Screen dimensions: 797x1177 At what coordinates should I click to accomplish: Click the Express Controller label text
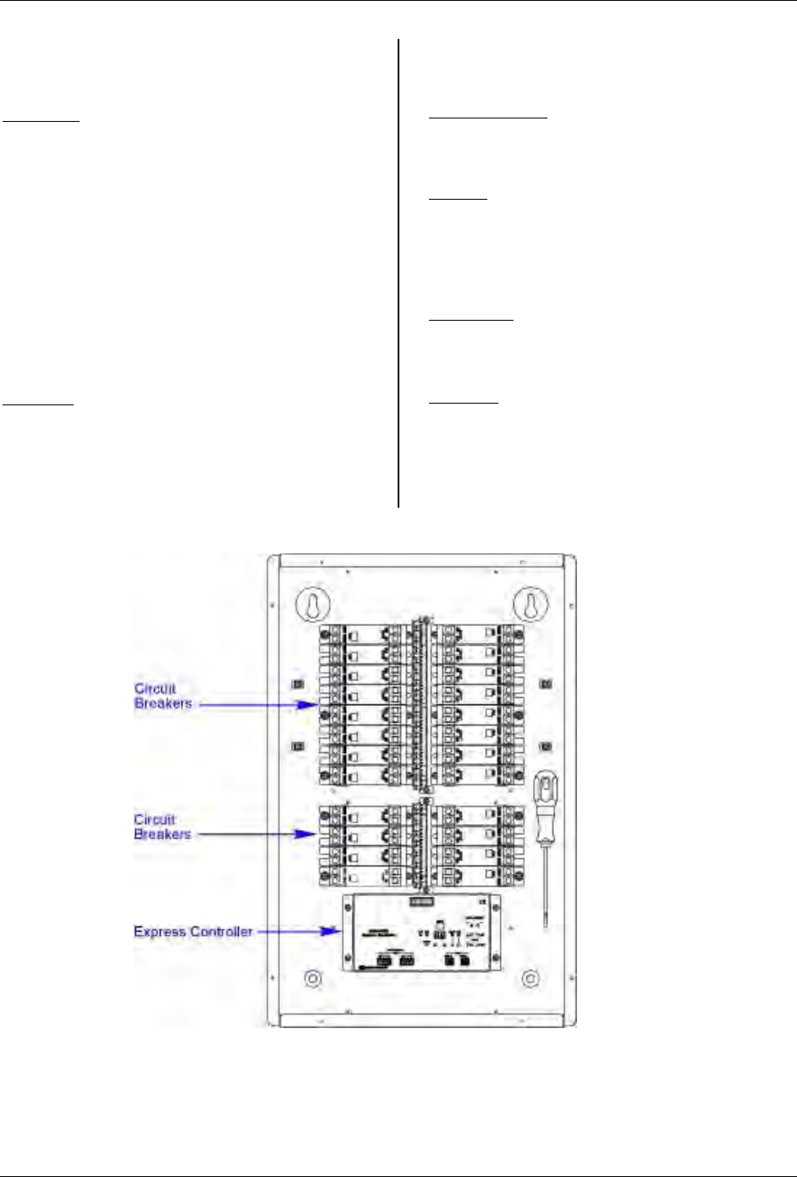[x=193, y=932]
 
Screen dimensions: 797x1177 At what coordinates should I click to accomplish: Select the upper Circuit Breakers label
[x=162, y=696]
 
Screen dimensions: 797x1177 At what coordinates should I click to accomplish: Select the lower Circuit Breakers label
[x=162, y=827]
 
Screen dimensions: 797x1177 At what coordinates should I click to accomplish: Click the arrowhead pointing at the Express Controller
[x=333, y=932]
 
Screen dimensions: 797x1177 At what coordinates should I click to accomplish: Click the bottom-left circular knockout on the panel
[x=312, y=978]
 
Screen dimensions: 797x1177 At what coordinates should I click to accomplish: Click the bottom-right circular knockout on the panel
[x=530, y=978]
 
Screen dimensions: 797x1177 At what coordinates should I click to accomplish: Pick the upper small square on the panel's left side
[x=297, y=684]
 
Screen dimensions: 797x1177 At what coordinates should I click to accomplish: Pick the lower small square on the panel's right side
[x=546, y=746]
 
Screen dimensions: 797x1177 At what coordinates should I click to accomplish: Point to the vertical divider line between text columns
[x=398, y=271]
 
